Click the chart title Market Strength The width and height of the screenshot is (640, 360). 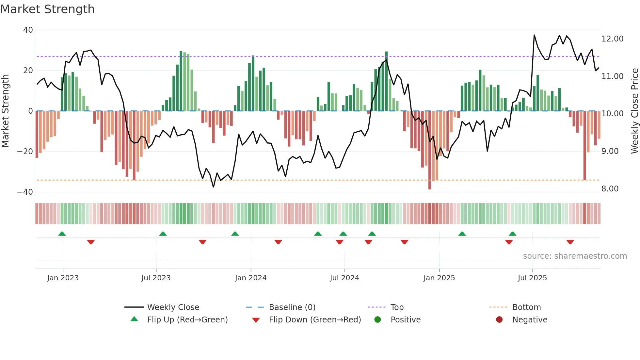47,9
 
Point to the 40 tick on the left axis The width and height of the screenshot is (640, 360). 28,30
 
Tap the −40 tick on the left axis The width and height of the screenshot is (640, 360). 25,192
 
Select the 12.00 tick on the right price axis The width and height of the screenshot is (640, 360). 612,39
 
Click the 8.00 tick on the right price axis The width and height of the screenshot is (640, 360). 610,189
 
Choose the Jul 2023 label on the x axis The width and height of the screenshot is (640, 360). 156,278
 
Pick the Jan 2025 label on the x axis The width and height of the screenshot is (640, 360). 439,278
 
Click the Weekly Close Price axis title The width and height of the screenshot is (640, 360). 634,111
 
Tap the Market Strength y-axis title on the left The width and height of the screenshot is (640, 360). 6,111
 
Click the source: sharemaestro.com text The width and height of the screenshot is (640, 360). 575,256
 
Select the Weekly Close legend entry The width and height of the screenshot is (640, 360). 173,307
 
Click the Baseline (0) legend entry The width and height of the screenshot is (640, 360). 292,307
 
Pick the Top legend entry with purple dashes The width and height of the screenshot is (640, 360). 397,307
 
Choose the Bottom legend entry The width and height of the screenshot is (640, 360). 526,307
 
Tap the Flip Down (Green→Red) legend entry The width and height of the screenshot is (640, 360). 314,320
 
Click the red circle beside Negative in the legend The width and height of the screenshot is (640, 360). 499,320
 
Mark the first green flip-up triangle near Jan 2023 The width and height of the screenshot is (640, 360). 62,234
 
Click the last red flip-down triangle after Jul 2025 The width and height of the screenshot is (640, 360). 570,242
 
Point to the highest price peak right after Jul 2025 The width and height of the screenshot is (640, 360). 534,35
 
